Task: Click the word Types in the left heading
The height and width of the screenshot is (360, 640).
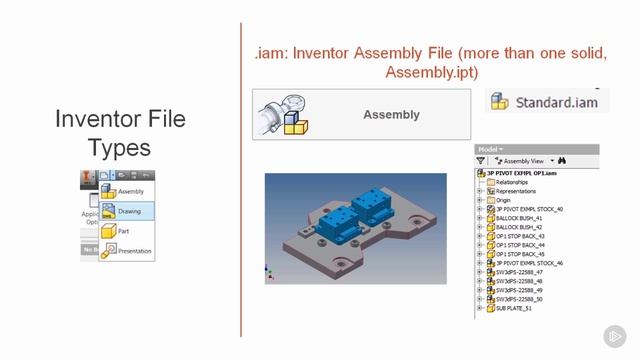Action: click(119, 148)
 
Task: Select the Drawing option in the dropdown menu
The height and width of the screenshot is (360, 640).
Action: click(129, 211)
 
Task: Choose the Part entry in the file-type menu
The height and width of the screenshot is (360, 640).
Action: click(123, 231)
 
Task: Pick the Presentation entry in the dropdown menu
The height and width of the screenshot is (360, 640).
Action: click(134, 251)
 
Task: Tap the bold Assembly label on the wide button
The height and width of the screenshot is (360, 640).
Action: click(391, 115)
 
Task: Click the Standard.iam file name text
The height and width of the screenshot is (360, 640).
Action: click(557, 102)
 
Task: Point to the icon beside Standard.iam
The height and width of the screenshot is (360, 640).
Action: click(500, 102)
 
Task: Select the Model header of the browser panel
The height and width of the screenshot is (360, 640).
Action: click(489, 149)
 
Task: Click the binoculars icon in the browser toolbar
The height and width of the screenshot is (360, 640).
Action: click(562, 160)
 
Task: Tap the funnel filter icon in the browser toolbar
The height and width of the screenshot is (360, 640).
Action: click(481, 160)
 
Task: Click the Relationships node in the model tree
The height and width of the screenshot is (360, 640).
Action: click(514, 182)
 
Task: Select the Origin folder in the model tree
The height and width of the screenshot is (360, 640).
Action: click(503, 200)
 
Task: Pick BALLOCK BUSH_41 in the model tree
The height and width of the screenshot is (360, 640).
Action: click(519, 218)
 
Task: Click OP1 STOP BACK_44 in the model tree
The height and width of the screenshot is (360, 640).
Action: click(521, 245)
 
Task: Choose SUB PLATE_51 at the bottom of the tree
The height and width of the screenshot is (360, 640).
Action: click(516, 308)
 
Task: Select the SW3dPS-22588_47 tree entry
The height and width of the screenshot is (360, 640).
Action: click(519, 272)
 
